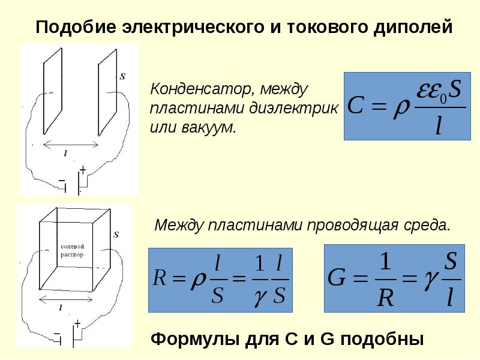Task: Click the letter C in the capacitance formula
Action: click(355, 107)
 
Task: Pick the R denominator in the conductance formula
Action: click(384, 298)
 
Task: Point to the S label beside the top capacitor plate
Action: click(122, 76)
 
